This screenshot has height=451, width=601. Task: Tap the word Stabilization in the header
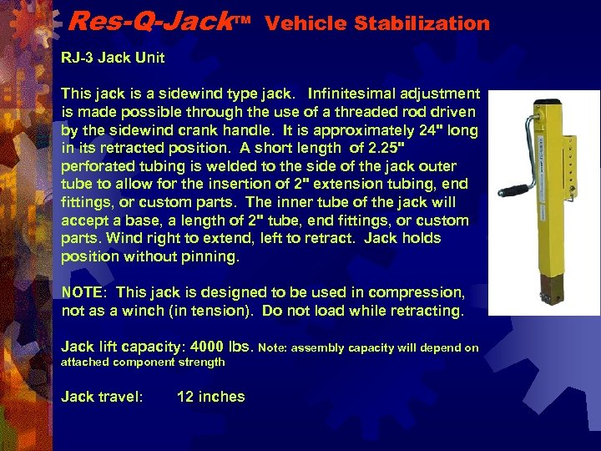pos(422,23)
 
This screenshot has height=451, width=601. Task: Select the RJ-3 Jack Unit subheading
pos(113,58)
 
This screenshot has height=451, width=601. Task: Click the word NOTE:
pos(85,293)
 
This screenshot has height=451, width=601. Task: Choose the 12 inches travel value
pos(211,397)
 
